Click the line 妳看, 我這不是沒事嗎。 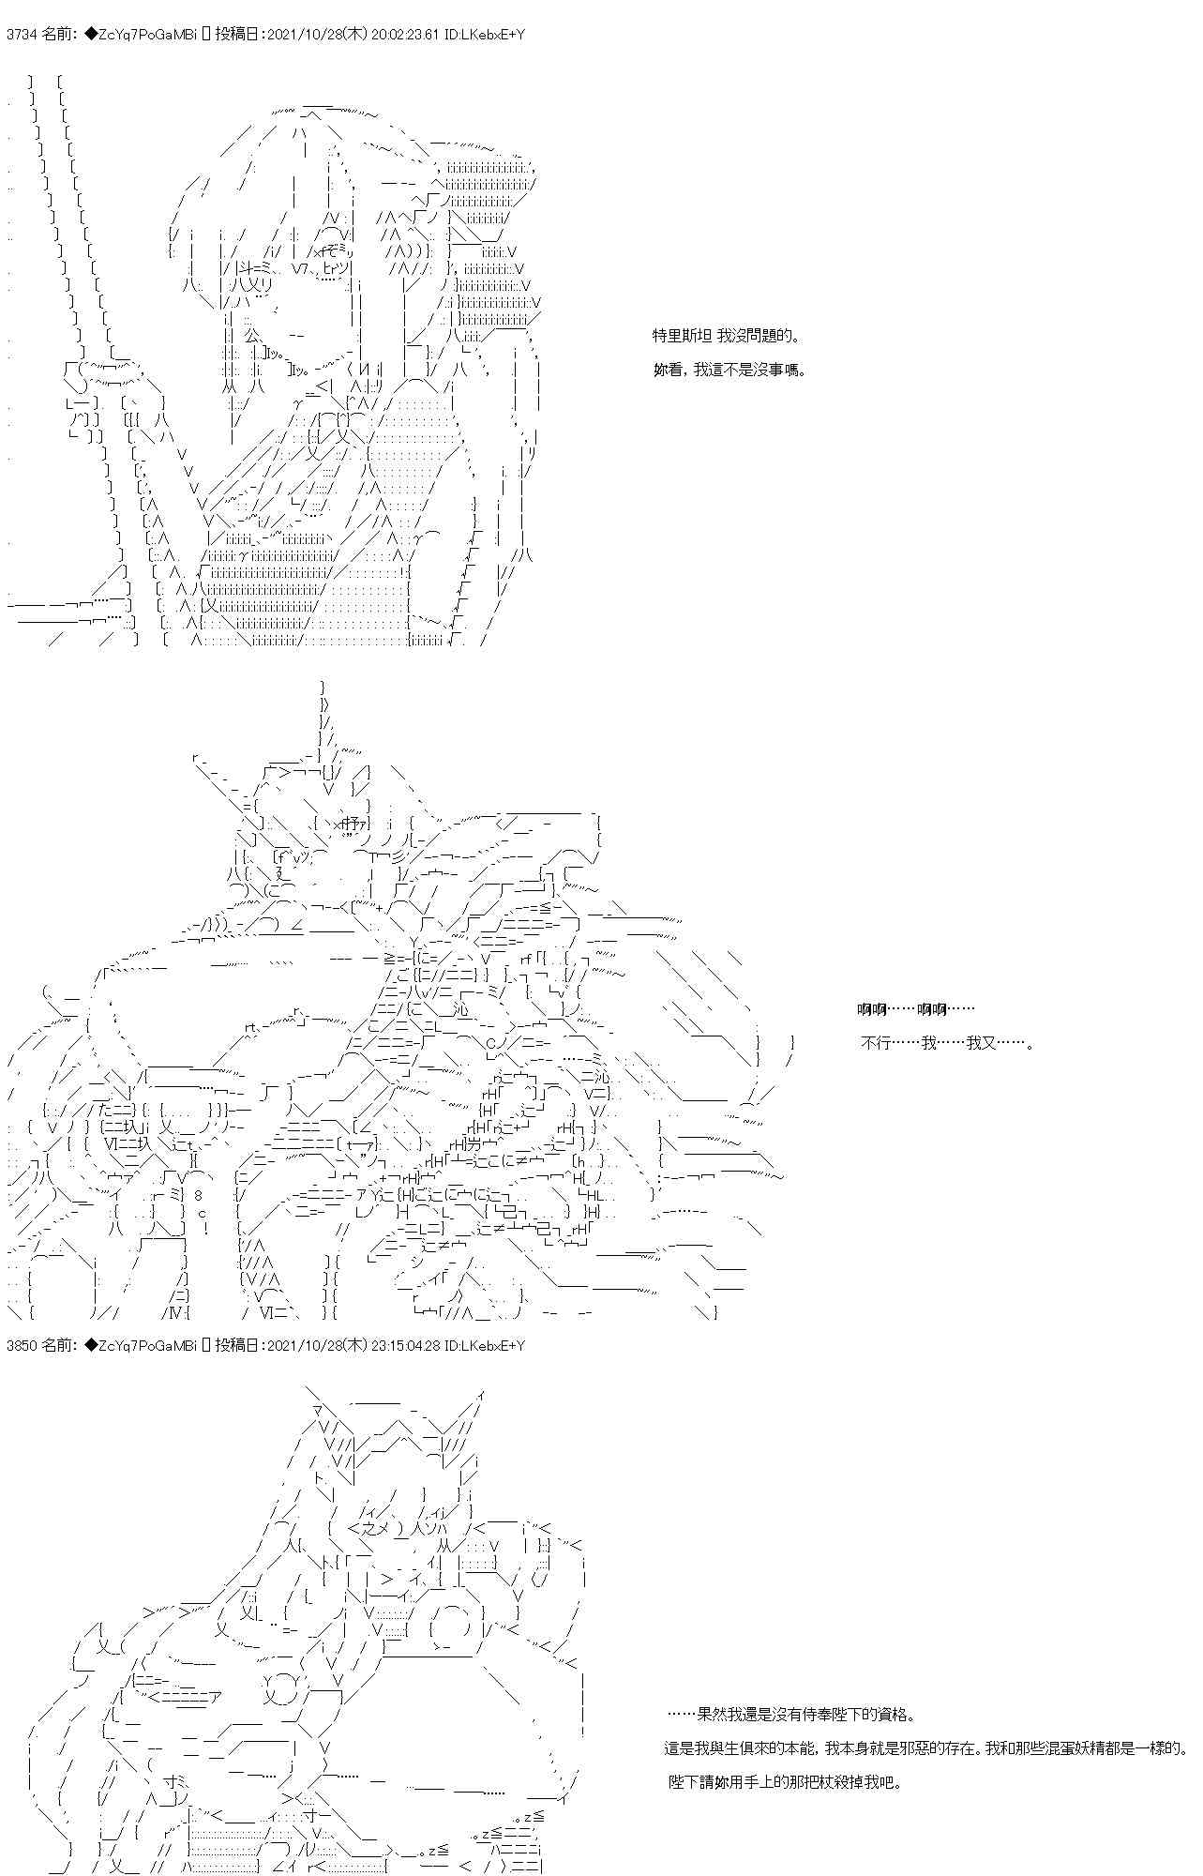click(x=729, y=370)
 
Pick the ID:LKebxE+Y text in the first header click(x=492, y=35)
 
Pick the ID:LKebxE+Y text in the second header click(x=492, y=1346)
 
